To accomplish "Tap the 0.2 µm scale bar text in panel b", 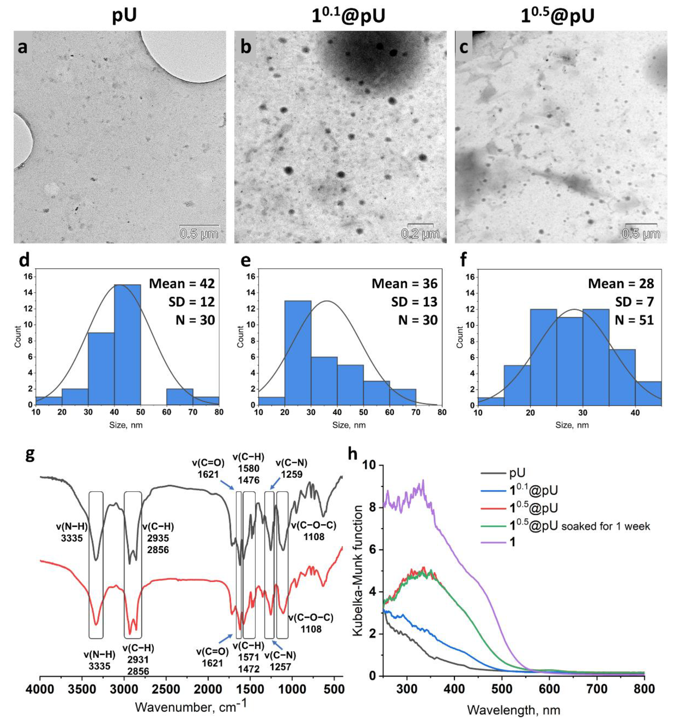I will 420,234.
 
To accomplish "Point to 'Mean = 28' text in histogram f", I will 621,284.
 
